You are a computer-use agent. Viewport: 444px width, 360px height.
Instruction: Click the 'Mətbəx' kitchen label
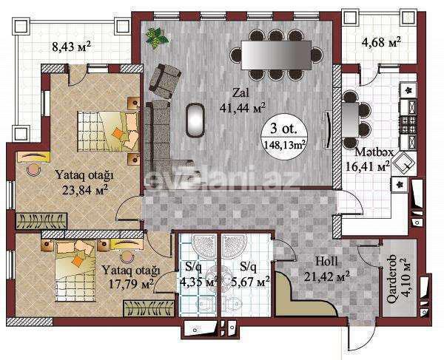[x=372, y=152]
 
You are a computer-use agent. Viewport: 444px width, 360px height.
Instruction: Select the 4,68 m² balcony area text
[x=382, y=41]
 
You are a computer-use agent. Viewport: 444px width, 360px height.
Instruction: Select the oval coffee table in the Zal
[x=195, y=120]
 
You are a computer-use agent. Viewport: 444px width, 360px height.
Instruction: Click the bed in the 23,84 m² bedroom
[x=110, y=130]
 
